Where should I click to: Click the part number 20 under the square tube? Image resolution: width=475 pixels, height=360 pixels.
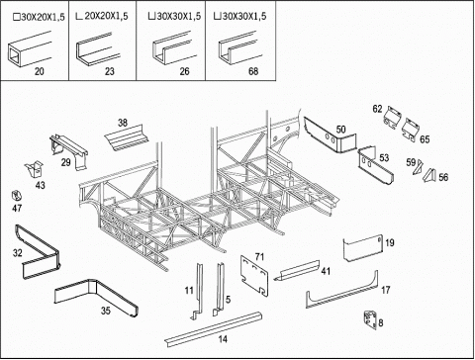(x=40, y=71)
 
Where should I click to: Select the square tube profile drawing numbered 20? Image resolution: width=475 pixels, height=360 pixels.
(x=29, y=49)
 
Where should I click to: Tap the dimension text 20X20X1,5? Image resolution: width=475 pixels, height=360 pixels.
(x=106, y=16)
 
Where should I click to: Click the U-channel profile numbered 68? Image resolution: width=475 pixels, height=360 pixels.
(x=237, y=47)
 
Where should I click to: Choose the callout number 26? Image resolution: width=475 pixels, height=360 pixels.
(x=184, y=71)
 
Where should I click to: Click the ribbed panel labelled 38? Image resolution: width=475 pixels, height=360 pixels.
(x=127, y=138)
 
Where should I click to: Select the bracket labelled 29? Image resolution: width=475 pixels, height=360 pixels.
(x=68, y=151)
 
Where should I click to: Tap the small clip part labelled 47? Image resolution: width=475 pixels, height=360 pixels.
(x=16, y=196)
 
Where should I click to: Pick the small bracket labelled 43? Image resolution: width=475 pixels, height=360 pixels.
(x=35, y=170)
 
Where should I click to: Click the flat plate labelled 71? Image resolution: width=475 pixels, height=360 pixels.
(x=254, y=276)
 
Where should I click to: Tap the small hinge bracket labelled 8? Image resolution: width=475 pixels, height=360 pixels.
(x=370, y=319)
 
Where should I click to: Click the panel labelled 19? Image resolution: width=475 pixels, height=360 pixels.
(x=363, y=248)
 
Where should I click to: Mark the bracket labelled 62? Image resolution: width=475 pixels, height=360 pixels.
(x=393, y=118)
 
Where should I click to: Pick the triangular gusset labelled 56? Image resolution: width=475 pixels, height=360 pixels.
(x=429, y=175)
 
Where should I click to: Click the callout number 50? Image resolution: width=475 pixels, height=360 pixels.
(x=340, y=130)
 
